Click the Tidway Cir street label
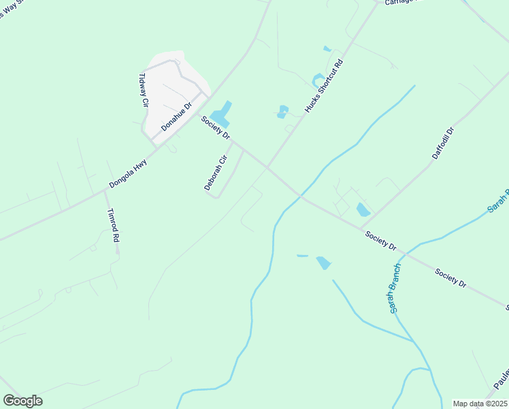pyautogui.click(x=144, y=91)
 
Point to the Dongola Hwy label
pyautogui.click(x=128, y=174)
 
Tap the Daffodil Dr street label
pyautogui.click(x=442, y=143)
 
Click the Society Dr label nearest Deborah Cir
pyautogui.click(x=215, y=127)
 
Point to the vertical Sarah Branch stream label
pyautogui.click(x=395, y=288)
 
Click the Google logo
pyautogui.click(x=22, y=401)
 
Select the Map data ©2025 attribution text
pyautogui.click(x=479, y=404)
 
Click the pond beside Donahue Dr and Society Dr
pyautogui.click(x=221, y=113)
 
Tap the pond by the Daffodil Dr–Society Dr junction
pyautogui.click(x=363, y=209)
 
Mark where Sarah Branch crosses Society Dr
pyautogui.click(x=404, y=254)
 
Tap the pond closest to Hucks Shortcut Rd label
pyautogui.click(x=318, y=80)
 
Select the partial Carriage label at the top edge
pyautogui.click(x=404, y=2)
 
